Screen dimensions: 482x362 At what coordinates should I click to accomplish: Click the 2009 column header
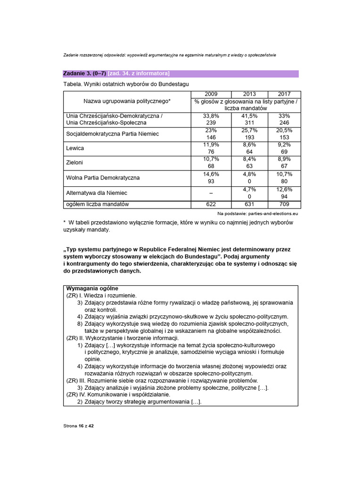coord(211,94)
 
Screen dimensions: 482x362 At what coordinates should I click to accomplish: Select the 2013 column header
coord(249,94)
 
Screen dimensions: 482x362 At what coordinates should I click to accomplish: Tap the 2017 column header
coord(284,94)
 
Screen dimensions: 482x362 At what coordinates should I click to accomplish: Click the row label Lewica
coord(75,148)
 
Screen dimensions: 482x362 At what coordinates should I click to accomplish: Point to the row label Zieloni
coord(75,163)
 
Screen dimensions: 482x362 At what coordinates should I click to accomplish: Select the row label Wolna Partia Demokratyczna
coord(103,178)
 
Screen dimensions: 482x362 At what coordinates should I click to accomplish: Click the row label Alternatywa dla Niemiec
coord(97,193)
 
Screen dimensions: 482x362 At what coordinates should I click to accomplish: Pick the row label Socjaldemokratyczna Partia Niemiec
coord(112,134)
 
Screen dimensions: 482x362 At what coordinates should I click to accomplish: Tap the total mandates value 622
coord(211,204)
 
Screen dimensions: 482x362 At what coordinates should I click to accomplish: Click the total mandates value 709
coord(284,204)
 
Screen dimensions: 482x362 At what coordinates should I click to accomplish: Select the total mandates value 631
coord(249,204)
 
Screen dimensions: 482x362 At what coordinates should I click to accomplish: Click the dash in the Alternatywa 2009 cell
coord(211,193)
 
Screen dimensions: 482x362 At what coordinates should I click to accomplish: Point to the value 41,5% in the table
coord(249,115)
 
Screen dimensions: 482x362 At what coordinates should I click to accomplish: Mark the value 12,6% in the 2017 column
coord(284,189)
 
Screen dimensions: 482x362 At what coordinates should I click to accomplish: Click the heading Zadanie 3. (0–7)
coord(84,73)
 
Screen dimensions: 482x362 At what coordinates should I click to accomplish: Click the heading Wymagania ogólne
coord(92,288)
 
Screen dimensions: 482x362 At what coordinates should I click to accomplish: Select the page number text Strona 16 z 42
coord(79,426)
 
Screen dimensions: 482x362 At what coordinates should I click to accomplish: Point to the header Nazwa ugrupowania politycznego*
coord(127,101)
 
